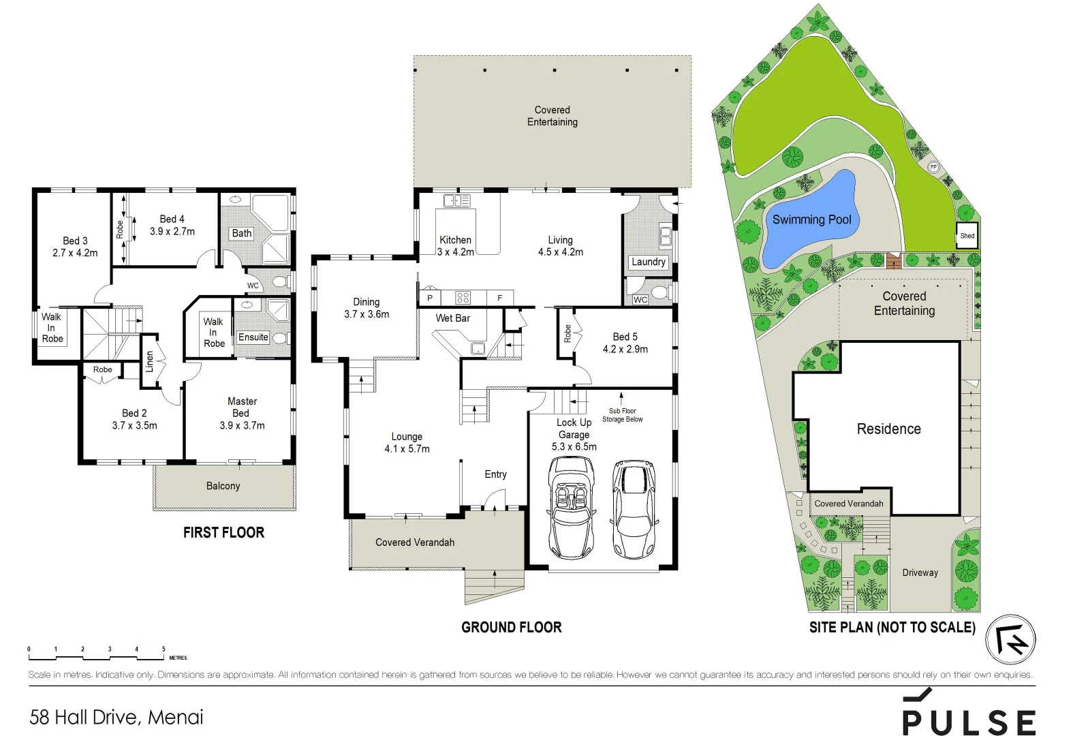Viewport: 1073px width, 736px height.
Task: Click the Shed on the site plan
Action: tap(967, 235)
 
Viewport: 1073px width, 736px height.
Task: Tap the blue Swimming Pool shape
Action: tap(811, 221)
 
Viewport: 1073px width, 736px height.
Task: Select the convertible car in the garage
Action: tap(571, 506)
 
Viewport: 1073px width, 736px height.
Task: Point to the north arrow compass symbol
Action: tap(1011, 639)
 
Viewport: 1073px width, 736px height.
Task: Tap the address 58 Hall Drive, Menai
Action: tap(116, 717)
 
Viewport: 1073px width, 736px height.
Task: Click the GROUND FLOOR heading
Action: tap(511, 627)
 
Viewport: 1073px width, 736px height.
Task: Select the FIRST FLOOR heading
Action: tap(223, 532)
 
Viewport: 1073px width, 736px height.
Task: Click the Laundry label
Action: tap(648, 262)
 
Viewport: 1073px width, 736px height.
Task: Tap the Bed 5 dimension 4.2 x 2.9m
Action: tap(625, 349)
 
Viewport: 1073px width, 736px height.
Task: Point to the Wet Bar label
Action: tap(452, 318)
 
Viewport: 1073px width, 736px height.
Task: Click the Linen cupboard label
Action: tap(150, 362)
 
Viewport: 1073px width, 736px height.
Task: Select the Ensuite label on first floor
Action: tap(253, 337)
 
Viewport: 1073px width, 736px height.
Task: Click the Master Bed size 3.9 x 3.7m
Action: tap(242, 425)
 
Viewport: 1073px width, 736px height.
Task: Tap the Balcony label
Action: tap(223, 486)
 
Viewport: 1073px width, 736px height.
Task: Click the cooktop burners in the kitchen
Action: tap(463, 297)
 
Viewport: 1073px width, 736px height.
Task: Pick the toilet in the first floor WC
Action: tap(279, 281)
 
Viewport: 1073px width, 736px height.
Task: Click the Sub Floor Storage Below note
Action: tap(622, 415)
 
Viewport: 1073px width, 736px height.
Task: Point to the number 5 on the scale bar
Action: tap(164, 649)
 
